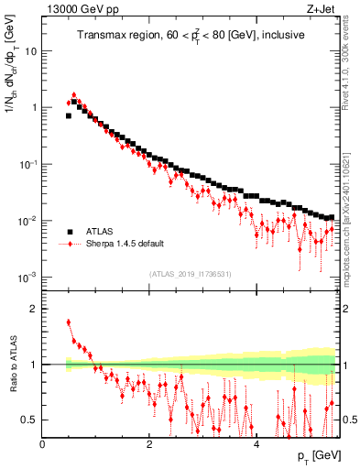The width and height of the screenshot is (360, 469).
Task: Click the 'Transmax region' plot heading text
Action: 191,37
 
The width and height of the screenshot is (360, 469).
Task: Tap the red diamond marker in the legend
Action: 69,245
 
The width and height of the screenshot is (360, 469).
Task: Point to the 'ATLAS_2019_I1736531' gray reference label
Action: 191,274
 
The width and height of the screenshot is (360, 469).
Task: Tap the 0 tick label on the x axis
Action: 42,443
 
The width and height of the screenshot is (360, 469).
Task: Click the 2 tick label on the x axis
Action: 149,443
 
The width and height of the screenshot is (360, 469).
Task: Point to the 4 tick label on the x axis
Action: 256,443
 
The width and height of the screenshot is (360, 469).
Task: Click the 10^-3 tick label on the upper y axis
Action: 27,278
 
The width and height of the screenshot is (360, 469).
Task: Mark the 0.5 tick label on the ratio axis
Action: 30,420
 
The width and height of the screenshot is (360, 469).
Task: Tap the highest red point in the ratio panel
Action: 69,322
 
